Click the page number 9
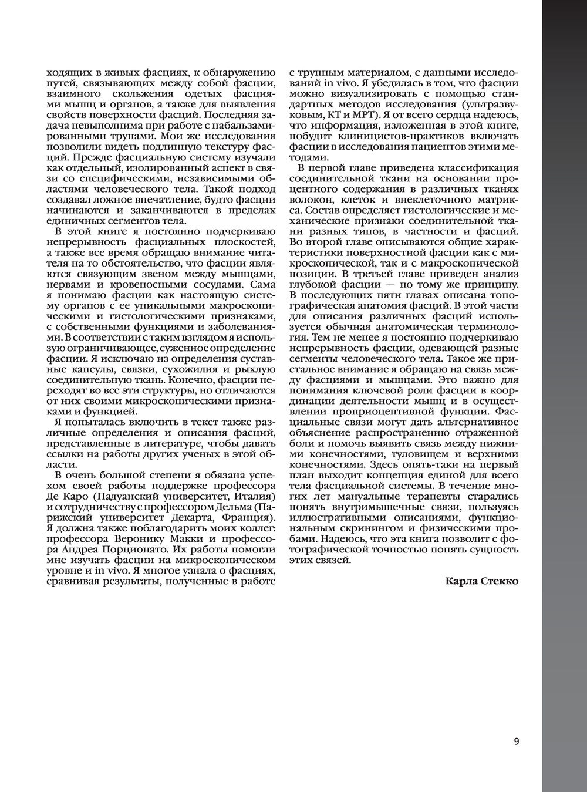(517, 741)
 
